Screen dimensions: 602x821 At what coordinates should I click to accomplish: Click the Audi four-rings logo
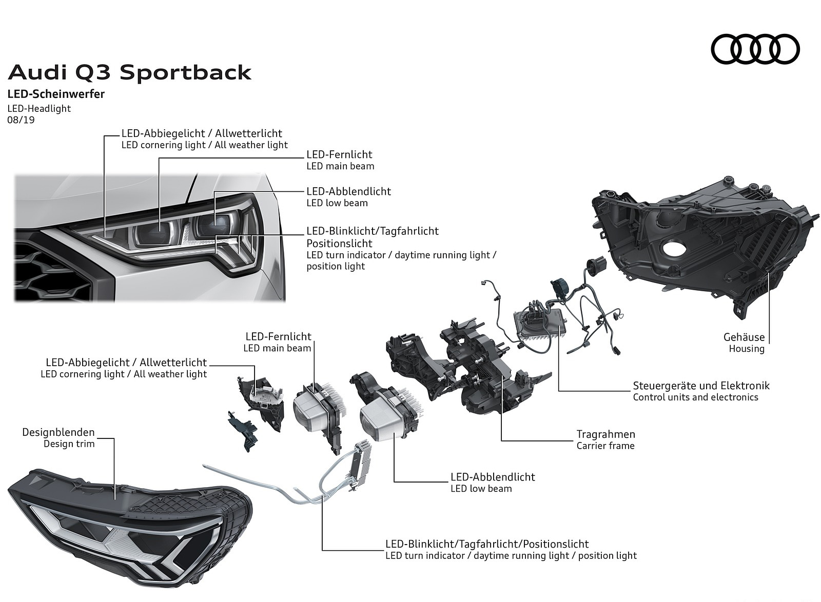[x=755, y=49]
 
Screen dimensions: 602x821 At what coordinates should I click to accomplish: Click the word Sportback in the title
[x=185, y=73]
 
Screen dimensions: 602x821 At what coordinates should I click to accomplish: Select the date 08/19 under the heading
[x=21, y=121]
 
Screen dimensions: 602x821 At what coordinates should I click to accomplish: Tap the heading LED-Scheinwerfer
[x=56, y=94]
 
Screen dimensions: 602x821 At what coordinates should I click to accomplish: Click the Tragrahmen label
[x=605, y=434]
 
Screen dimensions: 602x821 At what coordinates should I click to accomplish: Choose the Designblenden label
[x=58, y=432]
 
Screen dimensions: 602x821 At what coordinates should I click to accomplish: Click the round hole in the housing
[x=677, y=251]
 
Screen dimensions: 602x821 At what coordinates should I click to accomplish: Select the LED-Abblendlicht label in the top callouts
[x=348, y=191]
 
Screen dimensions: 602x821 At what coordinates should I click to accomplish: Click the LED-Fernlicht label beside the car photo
[x=339, y=154]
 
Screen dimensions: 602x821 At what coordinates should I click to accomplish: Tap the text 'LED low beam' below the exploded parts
[x=481, y=489]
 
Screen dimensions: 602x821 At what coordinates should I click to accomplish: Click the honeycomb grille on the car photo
[x=51, y=272]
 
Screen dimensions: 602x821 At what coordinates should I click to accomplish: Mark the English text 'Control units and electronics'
[x=695, y=397]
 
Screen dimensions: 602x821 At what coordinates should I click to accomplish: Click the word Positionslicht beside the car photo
[x=339, y=244]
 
